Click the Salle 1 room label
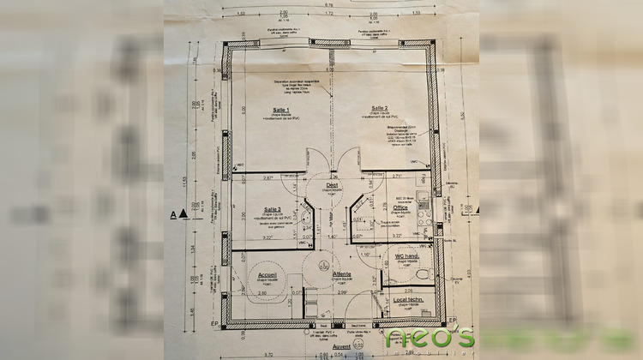click(280, 109)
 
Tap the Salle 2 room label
click(380, 108)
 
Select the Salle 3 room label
click(273, 209)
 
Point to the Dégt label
click(332, 185)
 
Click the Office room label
click(400, 207)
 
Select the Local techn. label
click(409, 300)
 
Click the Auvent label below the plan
click(341, 348)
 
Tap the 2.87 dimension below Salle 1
click(268, 177)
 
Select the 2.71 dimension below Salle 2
click(397, 176)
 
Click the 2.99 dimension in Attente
click(341, 294)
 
